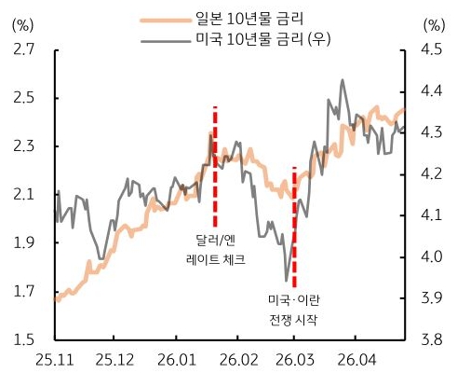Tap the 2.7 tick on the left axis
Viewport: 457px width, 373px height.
(24, 48)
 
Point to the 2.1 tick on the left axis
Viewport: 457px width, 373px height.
(24, 194)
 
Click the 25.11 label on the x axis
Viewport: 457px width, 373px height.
(56, 359)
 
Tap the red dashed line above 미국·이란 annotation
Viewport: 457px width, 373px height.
(294, 224)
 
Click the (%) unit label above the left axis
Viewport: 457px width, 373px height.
(20, 25)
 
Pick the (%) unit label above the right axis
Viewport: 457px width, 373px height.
(434, 25)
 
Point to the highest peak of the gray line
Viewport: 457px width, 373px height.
(343, 80)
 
